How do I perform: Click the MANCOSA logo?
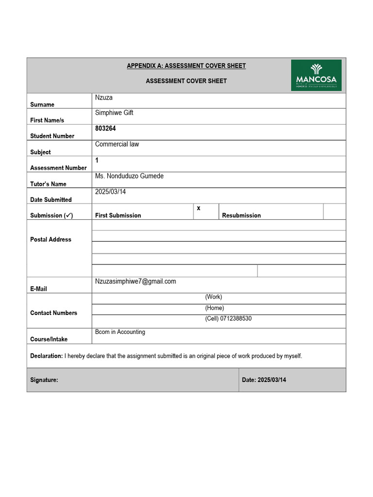point(316,75)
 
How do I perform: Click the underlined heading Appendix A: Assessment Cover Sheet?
point(186,66)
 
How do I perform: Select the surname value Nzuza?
point(104,98)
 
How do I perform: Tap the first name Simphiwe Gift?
point(114,113)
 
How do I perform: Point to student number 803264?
point(105,129)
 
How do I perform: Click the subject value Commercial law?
point(117,144)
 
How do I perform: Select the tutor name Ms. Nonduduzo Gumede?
point(129,176)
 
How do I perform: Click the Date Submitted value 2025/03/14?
point(111,192)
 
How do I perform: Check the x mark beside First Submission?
point(199,208)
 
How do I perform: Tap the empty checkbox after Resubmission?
point(334,212)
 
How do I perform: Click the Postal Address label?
point(51,239)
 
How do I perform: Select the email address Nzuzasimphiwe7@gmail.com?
point(136,281)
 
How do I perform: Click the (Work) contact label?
point(214,297)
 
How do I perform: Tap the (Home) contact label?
point(215,308)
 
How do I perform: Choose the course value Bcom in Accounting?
point(120,332)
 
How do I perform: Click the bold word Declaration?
point(46,356)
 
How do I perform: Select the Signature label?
point(44,380)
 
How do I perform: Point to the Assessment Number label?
point(58,168)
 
